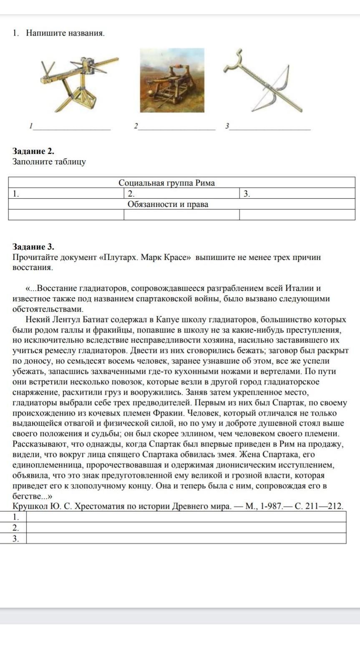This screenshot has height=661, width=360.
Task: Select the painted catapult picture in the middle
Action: pyautogui.click(x=172, y=80)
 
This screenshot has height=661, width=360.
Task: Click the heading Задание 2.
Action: pyautogui.click(x=33, y=151)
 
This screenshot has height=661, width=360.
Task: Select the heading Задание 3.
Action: pyautogui.click(x=33, y=247)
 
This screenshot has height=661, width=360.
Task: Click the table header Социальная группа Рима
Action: pyautogui.click(x=167, y=183)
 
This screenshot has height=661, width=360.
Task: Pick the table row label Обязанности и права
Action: pyautogui.click(x=168, y=204)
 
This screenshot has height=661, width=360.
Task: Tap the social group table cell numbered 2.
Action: pyautogui.click(x=181, y=194)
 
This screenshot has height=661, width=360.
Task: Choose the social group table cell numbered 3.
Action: pyautogui.click(x=297, y=194)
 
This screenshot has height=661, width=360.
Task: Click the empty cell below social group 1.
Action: pyautogui.click(x=66, y=214)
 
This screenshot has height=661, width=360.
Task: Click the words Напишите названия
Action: pyautogui.click(x=65, y=33)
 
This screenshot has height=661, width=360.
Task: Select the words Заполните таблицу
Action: pyautogui.click(x=49, y=161)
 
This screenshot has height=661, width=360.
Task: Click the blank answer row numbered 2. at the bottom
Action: pyautogui.click(x=186, y=527)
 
